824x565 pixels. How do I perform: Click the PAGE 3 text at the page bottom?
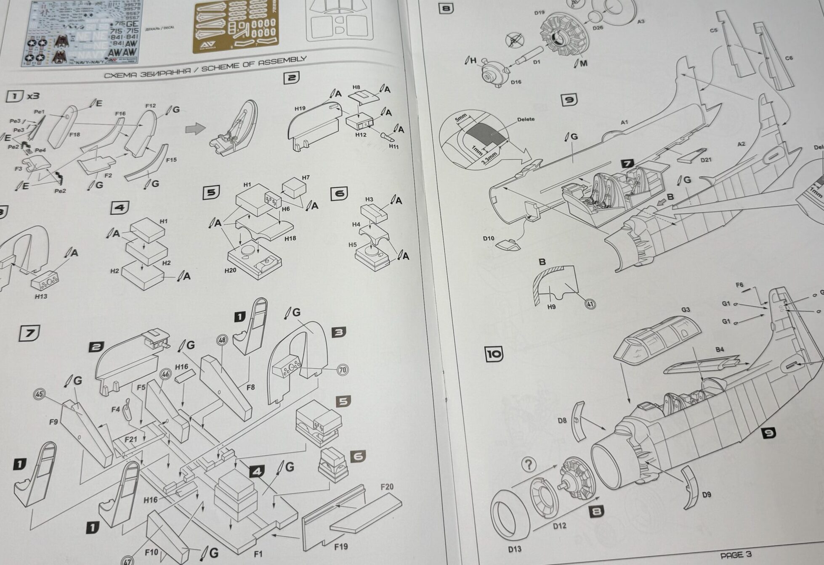[736, 555]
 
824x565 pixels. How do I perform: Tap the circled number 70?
[343, 370]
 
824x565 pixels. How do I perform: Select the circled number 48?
[222, 340]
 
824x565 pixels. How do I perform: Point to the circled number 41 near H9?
[590, 304]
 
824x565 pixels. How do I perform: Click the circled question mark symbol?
[529, 465]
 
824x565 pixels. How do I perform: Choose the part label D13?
[514, 549]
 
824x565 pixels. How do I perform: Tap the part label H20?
[230, 270]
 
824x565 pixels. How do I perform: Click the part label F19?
[341, 547]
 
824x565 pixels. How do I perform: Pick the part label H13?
[41, 296]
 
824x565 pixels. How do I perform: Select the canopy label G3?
[686, 310]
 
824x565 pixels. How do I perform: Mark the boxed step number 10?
[494, 354]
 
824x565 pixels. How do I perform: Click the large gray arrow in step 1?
[195, 128]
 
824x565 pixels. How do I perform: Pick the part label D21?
[706, 159]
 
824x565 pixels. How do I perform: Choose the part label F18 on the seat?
[74, 135]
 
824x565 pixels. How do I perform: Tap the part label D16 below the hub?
[516, 82]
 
